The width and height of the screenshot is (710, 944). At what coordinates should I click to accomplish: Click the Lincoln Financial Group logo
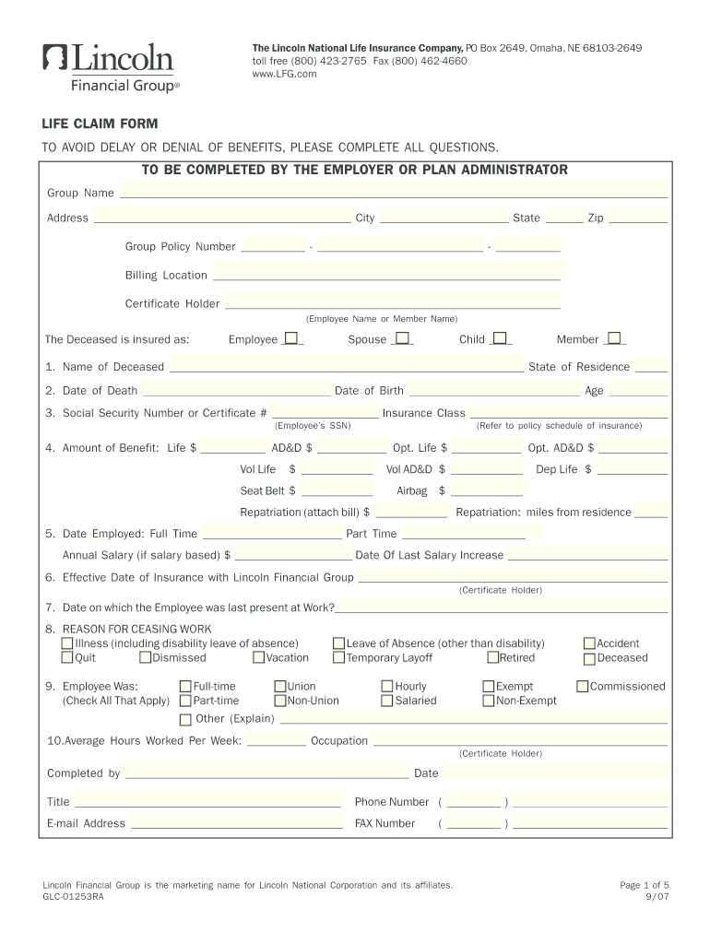pos(109,67)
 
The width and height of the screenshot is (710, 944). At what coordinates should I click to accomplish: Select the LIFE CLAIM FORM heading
pos(100,124)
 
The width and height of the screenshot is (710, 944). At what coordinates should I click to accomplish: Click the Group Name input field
pos(394,192)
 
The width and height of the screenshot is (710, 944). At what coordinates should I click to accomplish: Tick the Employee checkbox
pos(291,338)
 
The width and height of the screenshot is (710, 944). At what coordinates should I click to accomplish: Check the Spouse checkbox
pos(402,338)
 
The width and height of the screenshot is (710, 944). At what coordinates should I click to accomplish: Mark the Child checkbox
pos(500,338)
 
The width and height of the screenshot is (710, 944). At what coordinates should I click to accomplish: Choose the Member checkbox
pos(614,338)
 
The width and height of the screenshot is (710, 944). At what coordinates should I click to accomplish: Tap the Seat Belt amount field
pos(337,490)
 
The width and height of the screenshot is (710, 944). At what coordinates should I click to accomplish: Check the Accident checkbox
pos(590,643)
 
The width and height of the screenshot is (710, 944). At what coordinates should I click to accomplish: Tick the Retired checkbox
pos(492,658)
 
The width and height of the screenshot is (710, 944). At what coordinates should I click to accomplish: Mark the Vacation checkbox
pos(259,658)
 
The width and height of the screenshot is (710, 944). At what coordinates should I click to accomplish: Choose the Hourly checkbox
pos(387,687)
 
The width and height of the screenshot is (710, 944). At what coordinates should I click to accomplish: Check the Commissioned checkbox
pos(583,687)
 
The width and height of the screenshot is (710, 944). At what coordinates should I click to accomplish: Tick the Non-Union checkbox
pos(280,701)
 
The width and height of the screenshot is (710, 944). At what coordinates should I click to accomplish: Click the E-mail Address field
pos(236,823)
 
